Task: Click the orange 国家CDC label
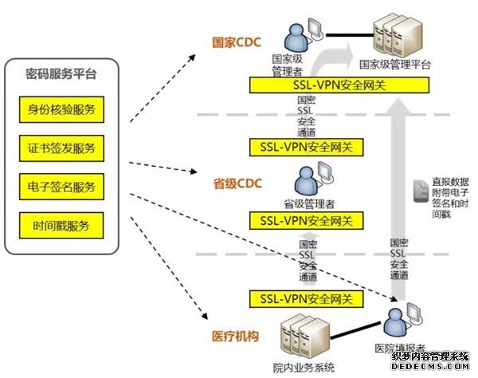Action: tap(236, 42)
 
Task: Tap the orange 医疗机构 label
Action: tap(237, 337)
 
